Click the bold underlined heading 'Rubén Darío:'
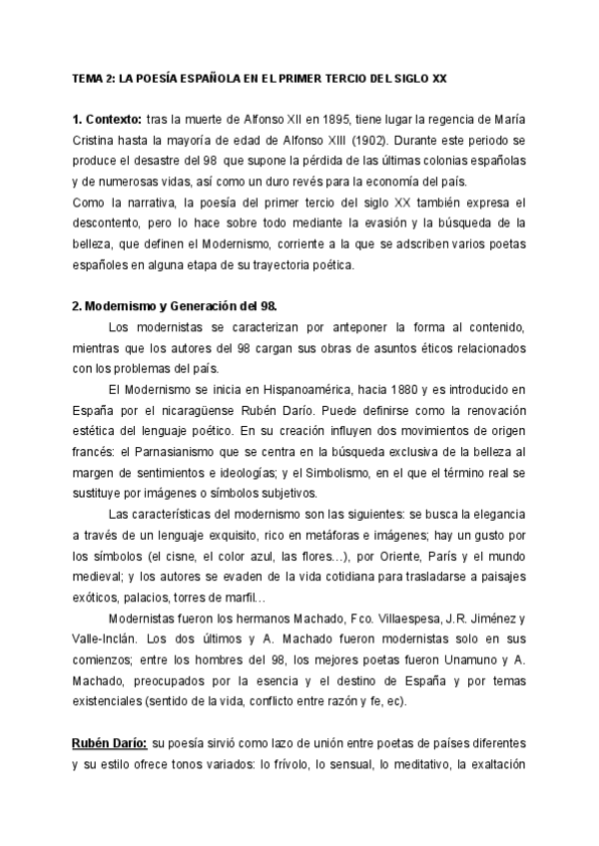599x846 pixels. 108,744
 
